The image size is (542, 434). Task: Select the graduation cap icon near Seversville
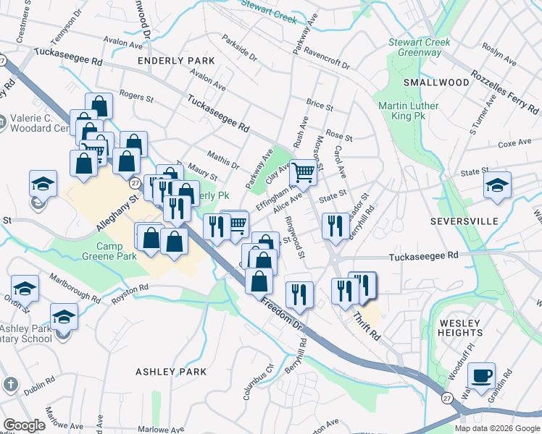click(497, 185)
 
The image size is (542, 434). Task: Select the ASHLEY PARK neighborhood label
click(171, 372)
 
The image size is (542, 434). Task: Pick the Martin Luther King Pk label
click(409, 111)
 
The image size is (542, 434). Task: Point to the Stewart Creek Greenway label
click(419, 48)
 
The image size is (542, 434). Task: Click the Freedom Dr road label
click(280, 310)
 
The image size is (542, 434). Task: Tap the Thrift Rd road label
click(367, 326)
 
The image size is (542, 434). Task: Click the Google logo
click(24, 425)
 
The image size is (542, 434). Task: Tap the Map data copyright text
click(496, 428)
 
